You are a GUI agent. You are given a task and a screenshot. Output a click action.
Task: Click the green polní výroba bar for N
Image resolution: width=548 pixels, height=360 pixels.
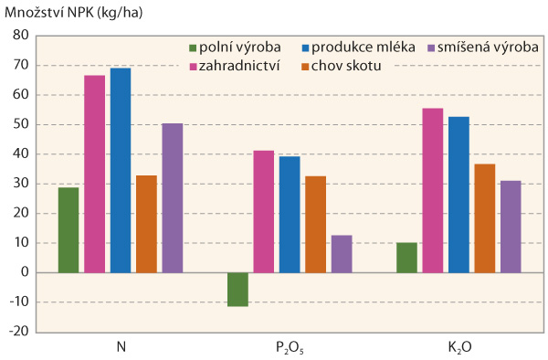[x=68, y=229]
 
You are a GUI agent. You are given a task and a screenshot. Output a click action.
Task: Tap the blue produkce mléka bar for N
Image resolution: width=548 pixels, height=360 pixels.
[x=121, y=170]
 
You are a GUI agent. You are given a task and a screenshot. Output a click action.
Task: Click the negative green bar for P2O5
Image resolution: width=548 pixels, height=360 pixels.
[x=237, y=289]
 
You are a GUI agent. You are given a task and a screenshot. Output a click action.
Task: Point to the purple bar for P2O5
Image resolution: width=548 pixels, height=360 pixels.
[x=341, y=253]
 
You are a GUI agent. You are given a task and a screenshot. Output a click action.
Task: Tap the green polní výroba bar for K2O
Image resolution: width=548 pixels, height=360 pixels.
[x=406, y=257]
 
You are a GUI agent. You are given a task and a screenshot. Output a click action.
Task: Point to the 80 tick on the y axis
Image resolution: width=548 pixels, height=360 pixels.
[x=20, y=36]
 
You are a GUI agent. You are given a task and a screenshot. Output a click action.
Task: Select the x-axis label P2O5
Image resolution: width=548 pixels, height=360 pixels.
[x=290, y=348]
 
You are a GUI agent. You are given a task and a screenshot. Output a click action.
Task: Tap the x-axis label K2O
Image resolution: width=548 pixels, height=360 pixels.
[x=459, y=348]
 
